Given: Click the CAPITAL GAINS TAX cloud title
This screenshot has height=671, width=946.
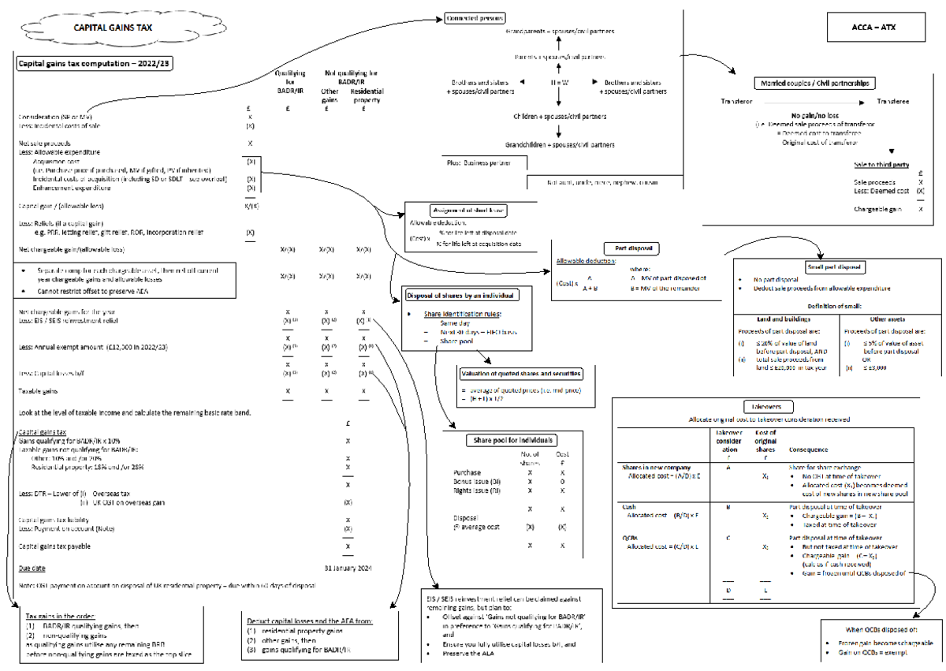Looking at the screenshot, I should (114, 27).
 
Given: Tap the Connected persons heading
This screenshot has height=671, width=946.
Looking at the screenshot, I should (475, 18).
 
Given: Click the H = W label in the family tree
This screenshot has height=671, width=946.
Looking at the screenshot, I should (560, 83).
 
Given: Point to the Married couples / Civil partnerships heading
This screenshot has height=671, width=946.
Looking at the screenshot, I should (815, 83).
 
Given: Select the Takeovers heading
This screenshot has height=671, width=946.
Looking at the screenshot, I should (762, 406).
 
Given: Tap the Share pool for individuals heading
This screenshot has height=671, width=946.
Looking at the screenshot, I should (512, 440).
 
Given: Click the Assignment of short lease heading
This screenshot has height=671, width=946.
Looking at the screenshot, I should (469, 211).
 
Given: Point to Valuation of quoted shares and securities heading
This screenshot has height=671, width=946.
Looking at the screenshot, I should (521, 374).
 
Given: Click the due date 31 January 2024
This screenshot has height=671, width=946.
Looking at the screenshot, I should (348, 567).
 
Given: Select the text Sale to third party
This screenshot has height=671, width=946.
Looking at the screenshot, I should (881, 165).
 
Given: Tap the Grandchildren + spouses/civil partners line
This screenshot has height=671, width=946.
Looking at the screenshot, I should (559, 145).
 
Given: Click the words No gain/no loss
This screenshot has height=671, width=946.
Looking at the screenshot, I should (815, 114).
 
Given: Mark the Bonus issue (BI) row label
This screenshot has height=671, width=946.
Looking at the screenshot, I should (479, 481).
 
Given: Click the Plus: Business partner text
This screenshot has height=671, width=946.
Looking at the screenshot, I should (478, 162).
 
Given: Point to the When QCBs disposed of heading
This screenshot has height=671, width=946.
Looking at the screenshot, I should (881, 629).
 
